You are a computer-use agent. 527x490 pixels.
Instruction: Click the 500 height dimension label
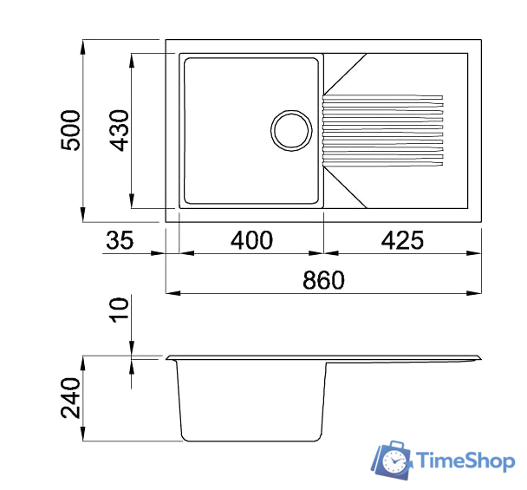point(71,130)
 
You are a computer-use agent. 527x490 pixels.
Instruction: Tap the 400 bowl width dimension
point(252,240)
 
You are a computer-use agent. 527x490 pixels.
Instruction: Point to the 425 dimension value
point(401,240)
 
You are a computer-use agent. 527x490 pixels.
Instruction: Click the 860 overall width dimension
point(323,280)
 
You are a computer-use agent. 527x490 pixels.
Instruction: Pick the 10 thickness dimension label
point(120,310)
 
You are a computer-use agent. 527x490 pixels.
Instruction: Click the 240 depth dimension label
point(71,398)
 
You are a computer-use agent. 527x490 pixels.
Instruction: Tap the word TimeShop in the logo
point(464,461)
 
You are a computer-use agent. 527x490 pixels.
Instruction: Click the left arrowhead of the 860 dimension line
point(171,293)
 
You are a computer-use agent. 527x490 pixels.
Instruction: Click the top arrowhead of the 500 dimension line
point(83,45)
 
